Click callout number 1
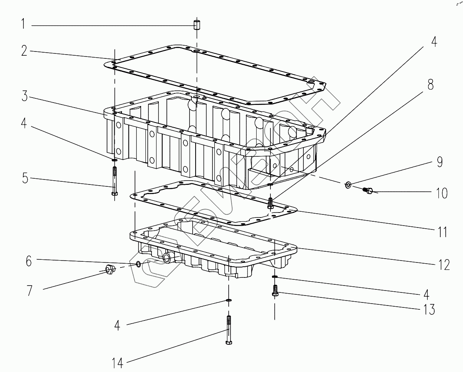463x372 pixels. pyautogui.click(x=23, y=25)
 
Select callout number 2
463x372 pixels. pyautogui.click(x=25, y=51)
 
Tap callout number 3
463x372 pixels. pyautogui.click(x=25, y=96)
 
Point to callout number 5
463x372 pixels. pyautogui.click(x=25, y=179)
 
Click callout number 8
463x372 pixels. pyautogui.click(x=431, y=85)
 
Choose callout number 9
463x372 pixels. pyautogui.click(x=440, y=162)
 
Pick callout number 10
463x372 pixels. pyautogui.click(x=442, y=193)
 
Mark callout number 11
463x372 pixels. pyautogui.click(x=442, y=232)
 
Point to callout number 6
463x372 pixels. pyautogui.click(x=28, y=261)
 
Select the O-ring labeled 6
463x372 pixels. pyautogui.click(x=138, y=264)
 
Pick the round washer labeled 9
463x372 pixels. pyautogui.click(x=348, y=185)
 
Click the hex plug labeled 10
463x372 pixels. pyautogui.click(x=368, y=190)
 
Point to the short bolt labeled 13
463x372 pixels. pyautogui.click(x=275, y=291)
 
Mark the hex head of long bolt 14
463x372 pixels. pyautogui.click(x=229, y=342)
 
